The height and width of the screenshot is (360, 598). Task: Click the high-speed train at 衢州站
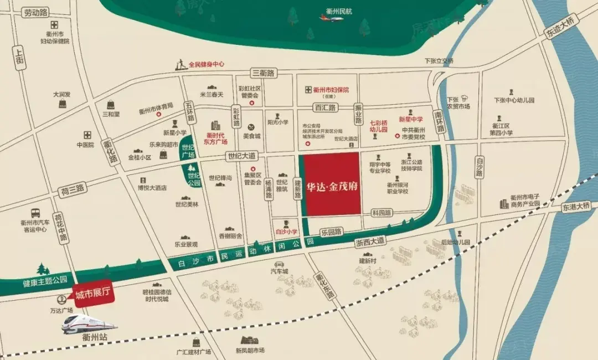pos(89,324)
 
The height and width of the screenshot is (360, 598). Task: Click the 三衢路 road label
pos(264,73)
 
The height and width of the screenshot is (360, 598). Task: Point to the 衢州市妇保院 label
pos(331,90)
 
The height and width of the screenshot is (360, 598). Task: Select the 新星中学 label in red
pos(410,119)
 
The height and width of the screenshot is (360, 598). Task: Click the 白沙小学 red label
pos(286,232)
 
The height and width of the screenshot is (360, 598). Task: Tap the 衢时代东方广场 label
pos(217,138)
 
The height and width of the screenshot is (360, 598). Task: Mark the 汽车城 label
pos(279,271)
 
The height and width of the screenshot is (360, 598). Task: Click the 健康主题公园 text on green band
pos(45,281)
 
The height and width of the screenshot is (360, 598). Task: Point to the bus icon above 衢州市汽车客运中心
pos(35,213)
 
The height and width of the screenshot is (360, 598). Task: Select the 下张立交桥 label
pos(439,61)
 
